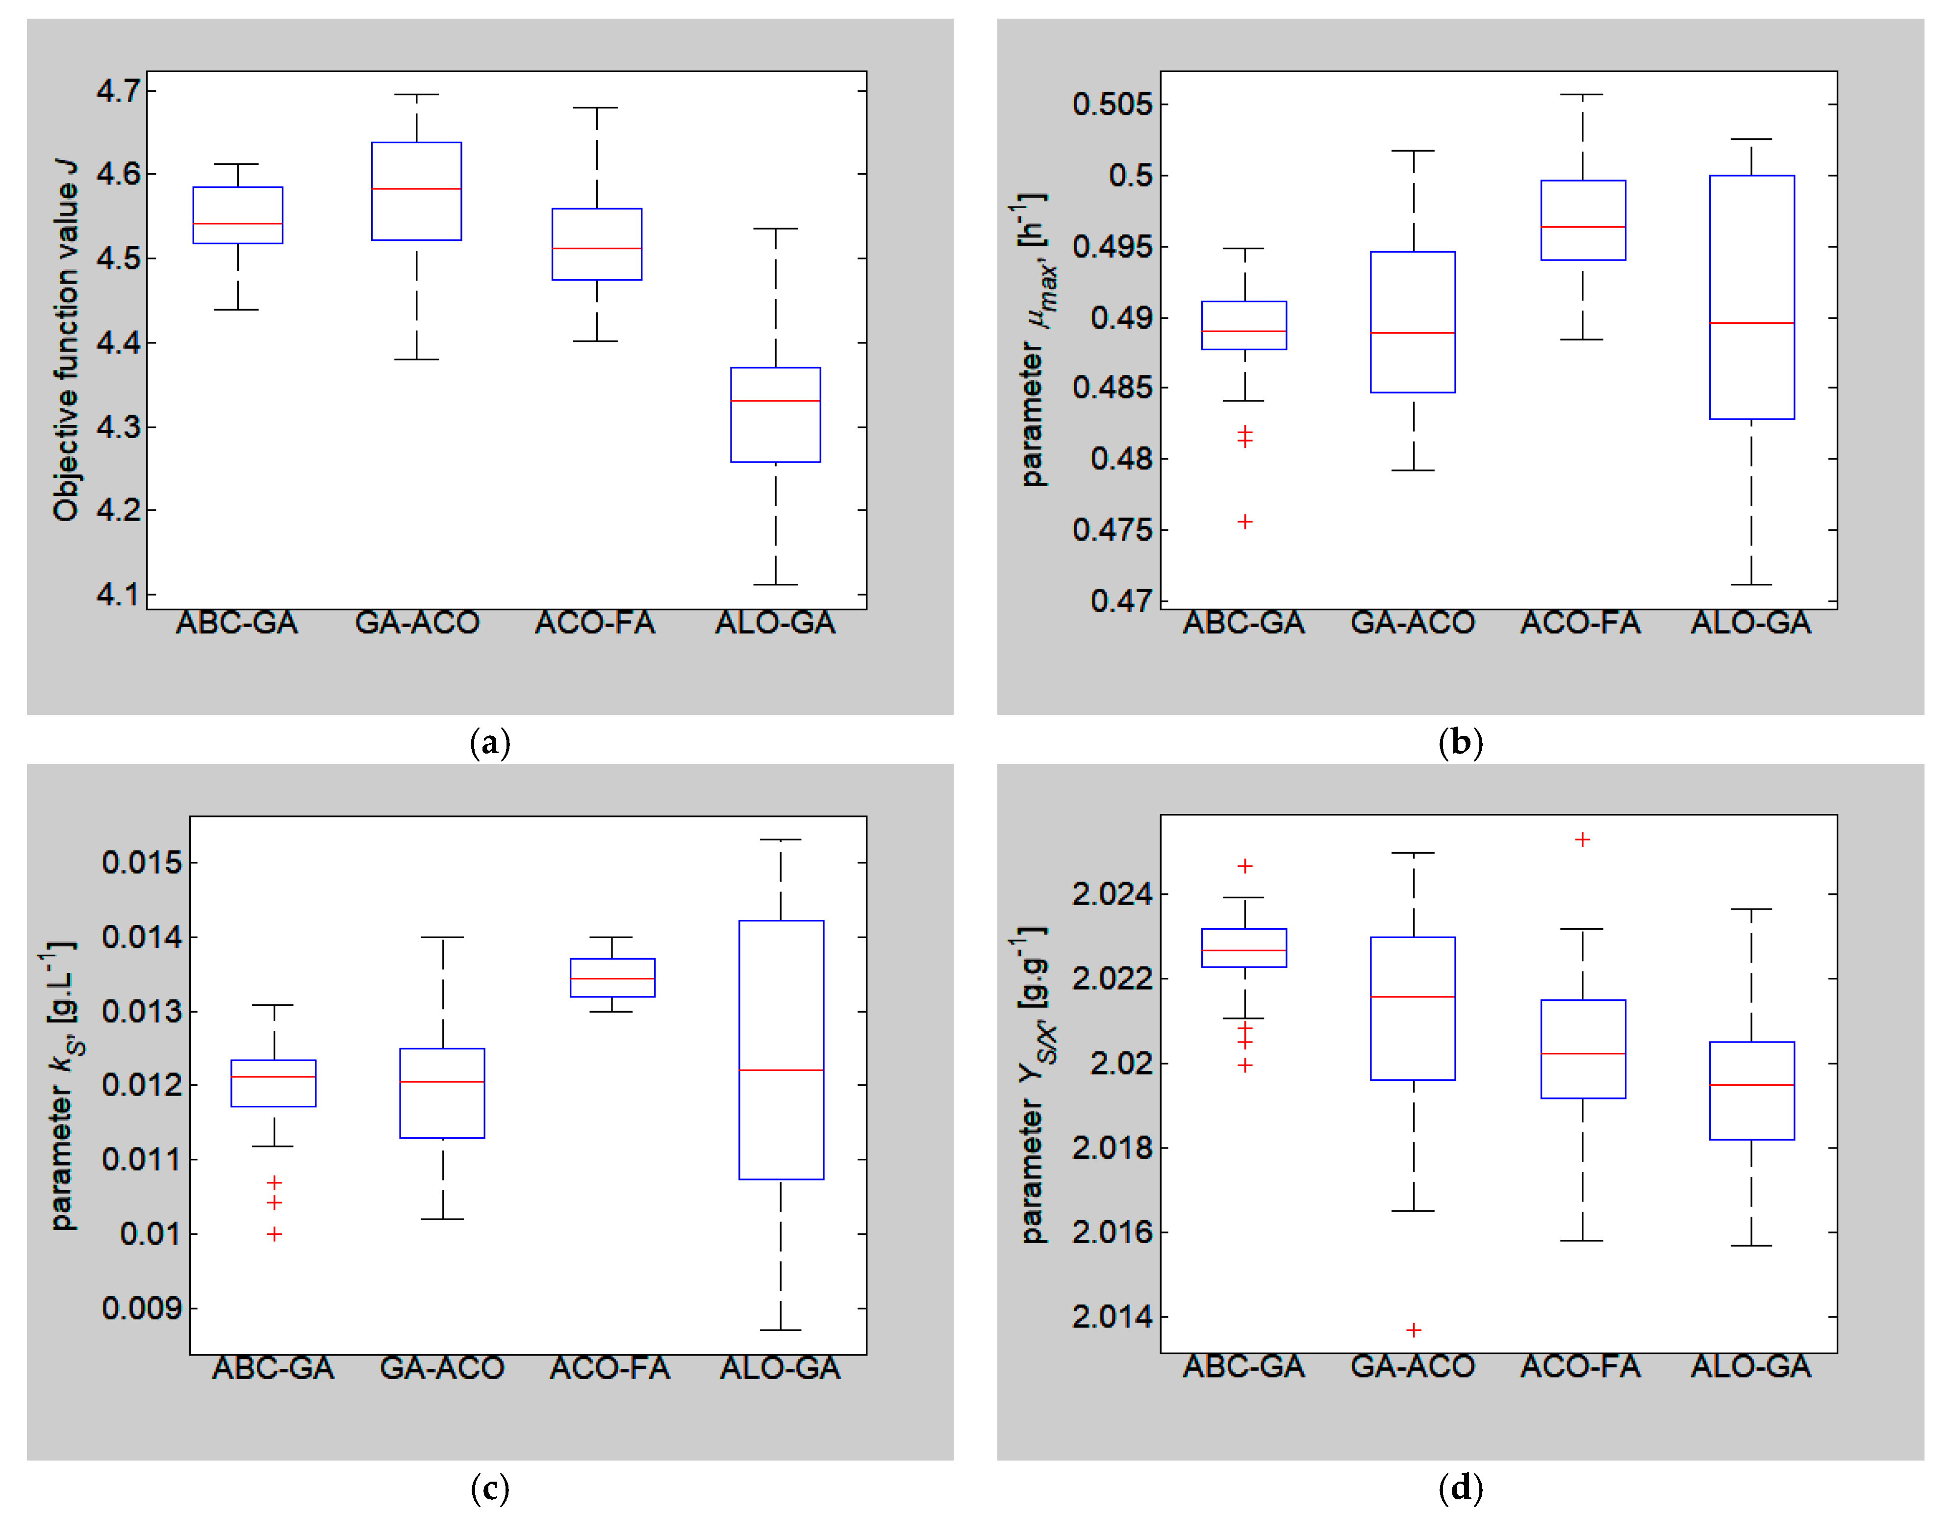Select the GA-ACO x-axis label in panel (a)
[x=417, y=623]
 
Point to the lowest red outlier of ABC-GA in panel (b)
[x=1244, y=522]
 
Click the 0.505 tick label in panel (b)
[x=1112, y=104]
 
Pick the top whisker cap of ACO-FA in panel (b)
[x=1582, y=95]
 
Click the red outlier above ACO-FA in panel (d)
[x=1582, y=840]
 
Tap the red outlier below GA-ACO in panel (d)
[x=1414, y=1330]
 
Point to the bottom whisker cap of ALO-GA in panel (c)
[x=781, y=1330]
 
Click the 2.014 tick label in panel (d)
[x=1112, y=1317]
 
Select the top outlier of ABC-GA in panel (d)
[x=1244, y=865]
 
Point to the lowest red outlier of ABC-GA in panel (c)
[x=274, y=1234]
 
